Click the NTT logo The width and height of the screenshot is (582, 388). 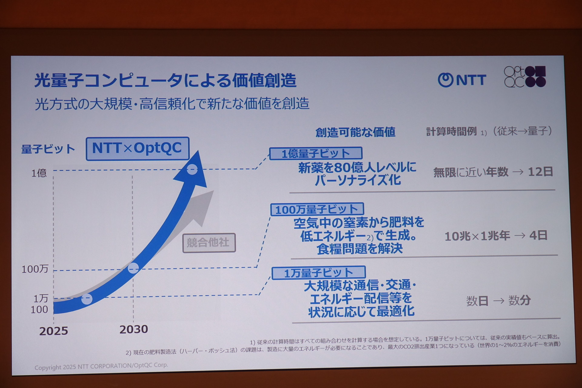(x=462, y=80)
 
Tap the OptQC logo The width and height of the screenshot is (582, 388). (x=525, y=77)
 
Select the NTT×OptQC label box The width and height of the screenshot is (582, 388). (x=138, y=149)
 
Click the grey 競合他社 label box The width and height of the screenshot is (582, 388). (x=209, y=242)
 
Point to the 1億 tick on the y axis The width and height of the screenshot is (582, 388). (x=39, y=173)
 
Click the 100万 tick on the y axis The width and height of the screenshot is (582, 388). (x=35, y=269)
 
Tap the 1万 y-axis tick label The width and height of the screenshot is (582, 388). (x=41, y=299)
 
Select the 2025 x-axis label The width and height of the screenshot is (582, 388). (x=54, y=331)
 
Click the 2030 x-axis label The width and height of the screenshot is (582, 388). (x=134, y=329)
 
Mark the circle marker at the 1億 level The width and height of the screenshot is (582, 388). (x=192, y=169)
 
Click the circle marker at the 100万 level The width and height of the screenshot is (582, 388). (x=133, y=268)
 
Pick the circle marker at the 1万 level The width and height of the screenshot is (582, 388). (x=87, y=299)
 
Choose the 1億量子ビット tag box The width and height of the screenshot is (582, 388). (x=316, y=153)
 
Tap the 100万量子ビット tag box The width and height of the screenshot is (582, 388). (x=317, y=209)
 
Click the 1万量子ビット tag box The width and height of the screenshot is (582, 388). (x=319, y=273)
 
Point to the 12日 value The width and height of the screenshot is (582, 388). (x=540, y=172)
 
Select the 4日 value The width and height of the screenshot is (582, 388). (x=538, y=235)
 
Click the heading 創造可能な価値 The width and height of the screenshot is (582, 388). (x=355, y=132)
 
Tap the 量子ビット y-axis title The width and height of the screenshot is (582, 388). (x=48, y=149)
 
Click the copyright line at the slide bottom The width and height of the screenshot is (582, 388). (x=101, y=366)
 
